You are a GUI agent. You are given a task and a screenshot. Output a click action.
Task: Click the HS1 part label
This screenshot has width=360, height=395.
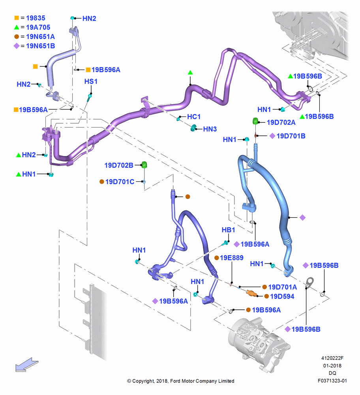pos(91,81)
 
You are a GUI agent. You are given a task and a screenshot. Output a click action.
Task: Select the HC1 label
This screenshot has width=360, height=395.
pos(194,117)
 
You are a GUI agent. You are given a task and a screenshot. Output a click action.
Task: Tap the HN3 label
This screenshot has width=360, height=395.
pos(210,129)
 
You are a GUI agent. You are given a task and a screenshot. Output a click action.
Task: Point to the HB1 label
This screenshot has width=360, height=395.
pos(228,230)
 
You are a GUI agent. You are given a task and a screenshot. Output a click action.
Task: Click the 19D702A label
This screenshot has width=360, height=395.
pos(281,122)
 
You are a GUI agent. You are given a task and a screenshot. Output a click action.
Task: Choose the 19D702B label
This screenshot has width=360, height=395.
pos(119,165)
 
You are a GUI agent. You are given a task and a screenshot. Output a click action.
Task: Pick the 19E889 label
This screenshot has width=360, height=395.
pos(232,258)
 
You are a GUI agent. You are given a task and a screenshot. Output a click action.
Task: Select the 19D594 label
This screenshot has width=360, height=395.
pos(282,296)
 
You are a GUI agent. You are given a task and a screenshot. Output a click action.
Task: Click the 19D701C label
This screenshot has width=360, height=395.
pos(120,182)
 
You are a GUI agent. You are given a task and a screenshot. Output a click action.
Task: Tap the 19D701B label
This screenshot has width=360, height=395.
pos(291,136)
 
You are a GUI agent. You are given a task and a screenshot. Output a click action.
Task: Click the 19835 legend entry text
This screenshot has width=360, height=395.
pos(36,18)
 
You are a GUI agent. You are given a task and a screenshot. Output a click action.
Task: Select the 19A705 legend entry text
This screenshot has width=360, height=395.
pos(38,27)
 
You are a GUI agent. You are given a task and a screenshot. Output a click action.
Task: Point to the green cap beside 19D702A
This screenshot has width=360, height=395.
pos(255,121)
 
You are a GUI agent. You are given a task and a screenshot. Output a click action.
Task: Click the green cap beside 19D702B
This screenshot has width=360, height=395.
pos(144,165)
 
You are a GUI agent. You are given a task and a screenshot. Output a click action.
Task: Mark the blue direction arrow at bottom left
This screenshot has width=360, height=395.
pos(26,365)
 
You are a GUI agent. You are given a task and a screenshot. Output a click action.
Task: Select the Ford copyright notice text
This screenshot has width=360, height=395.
pos(181,381)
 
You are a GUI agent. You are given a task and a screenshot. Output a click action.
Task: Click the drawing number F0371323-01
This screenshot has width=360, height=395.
pos(332,381)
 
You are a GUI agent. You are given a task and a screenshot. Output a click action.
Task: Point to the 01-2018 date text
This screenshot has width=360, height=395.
pos(332,365)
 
